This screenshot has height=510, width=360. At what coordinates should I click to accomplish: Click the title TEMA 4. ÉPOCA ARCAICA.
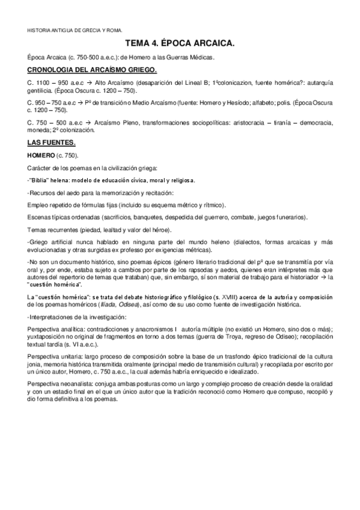tap(180, 44)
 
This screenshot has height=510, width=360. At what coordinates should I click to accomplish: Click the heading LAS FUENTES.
tap(52, 143)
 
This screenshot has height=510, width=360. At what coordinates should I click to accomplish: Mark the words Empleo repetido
tap(49, 204)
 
